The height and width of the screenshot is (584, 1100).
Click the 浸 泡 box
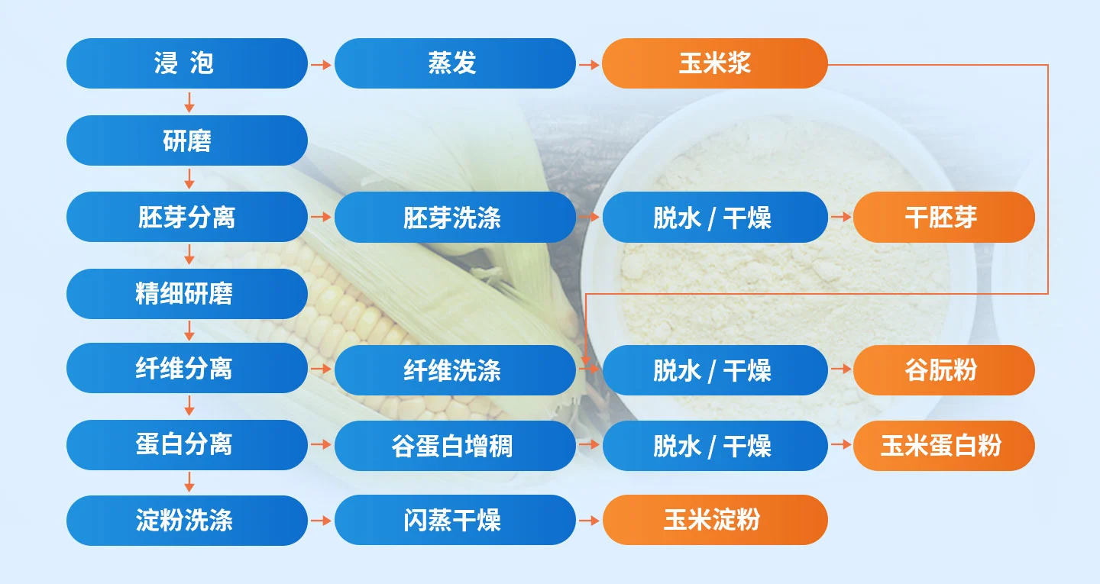[x=186, y=63]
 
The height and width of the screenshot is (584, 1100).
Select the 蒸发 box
[x=455, y=63]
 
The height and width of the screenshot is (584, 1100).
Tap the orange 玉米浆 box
[x=714, y=63]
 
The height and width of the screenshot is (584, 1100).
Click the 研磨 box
[x=186, y=140]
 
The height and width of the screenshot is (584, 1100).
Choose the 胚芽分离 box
[x=186, y=217]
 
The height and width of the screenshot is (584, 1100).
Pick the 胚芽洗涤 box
[x=455, y=218]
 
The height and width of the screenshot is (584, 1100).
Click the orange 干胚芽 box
[x=943, y=218]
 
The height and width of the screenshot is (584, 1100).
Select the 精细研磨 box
[x=186, y=294]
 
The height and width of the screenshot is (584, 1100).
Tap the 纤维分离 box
[x=186, y=368]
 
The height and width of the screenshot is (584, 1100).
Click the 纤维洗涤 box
[x=455, y=370]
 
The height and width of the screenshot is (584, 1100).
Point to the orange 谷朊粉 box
[x=943, y=370]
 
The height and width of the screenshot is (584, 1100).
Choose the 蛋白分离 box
[x=186, y=444]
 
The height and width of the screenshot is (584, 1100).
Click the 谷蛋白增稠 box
[x=455, y=446]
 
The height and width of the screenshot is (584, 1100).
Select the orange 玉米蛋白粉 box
[x=943, y=446]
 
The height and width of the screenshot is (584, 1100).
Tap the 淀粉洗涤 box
[x=186, y=521]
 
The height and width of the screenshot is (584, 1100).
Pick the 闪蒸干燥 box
[x=455, y=521]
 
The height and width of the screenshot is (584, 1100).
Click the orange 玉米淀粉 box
[x=714, y=521]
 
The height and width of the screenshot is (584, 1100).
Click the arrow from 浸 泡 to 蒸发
[x=321, y=65]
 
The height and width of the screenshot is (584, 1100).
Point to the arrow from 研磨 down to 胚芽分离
[x=189, y=179]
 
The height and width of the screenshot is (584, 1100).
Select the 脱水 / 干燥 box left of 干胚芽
[x=714, y=218]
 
